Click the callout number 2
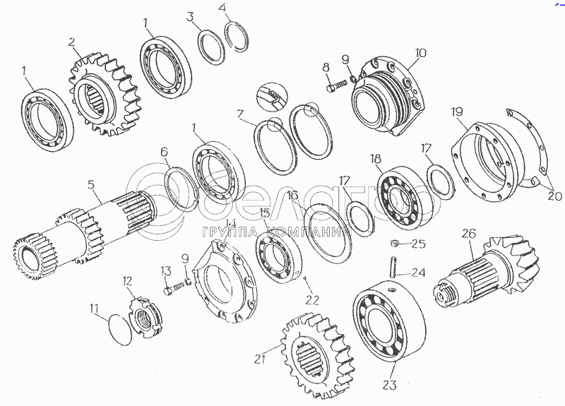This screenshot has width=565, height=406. [72, 42]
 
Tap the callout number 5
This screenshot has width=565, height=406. [91, 186]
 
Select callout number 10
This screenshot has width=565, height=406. [421, 52]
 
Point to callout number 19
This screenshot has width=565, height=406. [458, 112]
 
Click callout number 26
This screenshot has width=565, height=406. [470, 233]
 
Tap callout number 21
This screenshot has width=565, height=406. [260, 359]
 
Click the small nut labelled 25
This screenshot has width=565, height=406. [396, 244]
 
